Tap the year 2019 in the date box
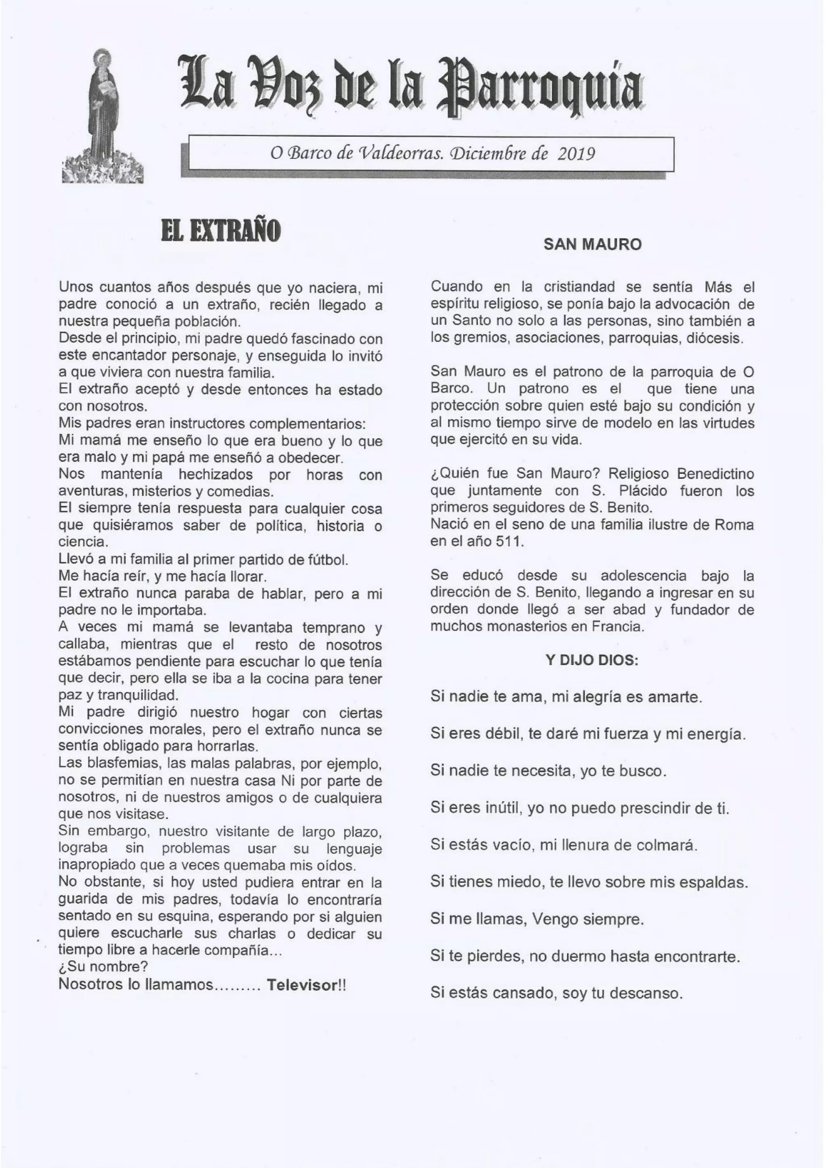coord(576,153)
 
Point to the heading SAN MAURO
coord(592,245)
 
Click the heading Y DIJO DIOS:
coord(592,660)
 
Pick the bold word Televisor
coord(302,985)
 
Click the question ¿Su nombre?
coord(103,967)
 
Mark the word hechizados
coord(216,475)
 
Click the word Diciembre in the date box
coord(484,153)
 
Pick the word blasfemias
coord(119,764)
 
